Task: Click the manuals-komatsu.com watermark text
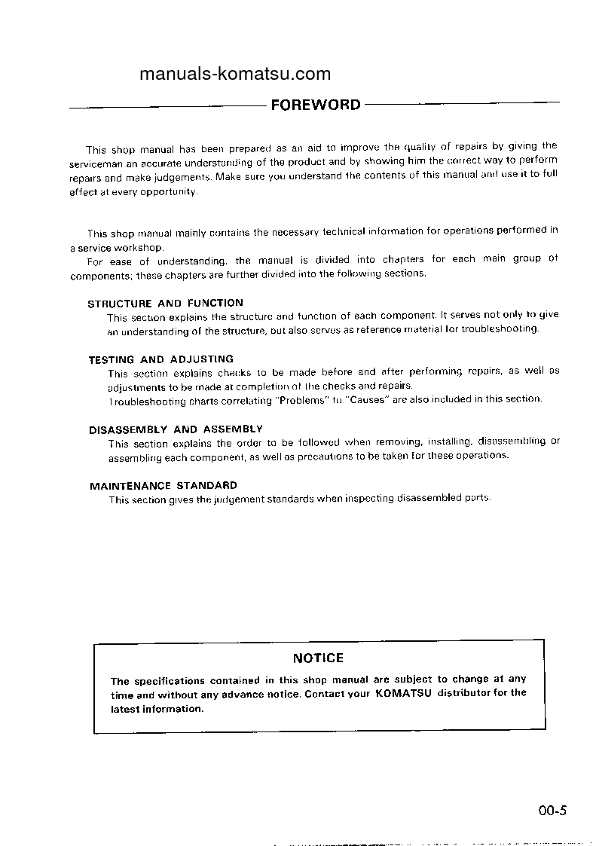click(235, 74)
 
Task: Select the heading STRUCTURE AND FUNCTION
click(166, 304)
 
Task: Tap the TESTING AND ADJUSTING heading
click(161, 359)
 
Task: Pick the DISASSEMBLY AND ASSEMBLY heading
click(176, 429)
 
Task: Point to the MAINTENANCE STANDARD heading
click(164, 486)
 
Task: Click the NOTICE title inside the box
click(318, 658)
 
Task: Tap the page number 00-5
click(552, 811)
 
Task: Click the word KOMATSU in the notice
click(403, 693)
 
